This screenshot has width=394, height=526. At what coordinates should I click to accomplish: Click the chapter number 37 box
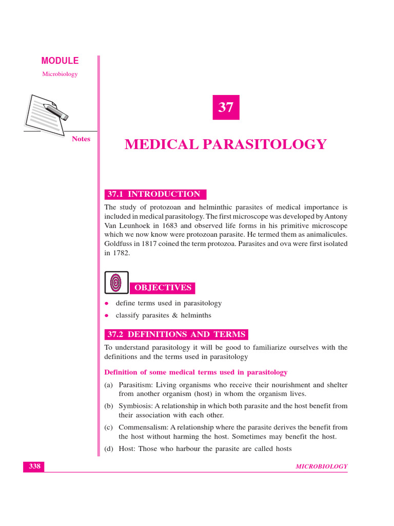tap(226, 107)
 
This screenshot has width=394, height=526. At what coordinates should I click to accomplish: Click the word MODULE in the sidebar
tap(60, 61)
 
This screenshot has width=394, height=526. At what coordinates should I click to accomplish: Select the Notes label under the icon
tap(81, 139)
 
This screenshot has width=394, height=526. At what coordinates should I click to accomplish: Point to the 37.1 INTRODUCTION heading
tap(155, 194)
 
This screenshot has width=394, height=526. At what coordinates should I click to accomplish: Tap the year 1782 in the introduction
tap(122, 253)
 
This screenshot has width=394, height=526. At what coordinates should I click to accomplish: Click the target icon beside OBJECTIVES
tap(116, 283)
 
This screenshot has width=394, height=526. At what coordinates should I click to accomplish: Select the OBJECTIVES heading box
tap(163, 288)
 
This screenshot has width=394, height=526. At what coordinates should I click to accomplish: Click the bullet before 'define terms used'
tap(106, 304)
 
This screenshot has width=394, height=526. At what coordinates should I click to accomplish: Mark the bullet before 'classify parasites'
tap(106, 315)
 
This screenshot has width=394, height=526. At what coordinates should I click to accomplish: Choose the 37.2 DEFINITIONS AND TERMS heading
tap(176, 334)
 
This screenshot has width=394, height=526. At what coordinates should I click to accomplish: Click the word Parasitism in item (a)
tap(135, 385)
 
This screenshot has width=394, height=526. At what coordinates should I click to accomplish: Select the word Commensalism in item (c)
tap(142, 427)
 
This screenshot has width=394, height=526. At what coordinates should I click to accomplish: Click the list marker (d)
tap(109, 449)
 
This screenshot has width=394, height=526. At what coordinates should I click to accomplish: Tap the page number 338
tap(34, 466)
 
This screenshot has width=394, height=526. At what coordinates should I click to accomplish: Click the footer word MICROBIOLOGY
tap(322, 466)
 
